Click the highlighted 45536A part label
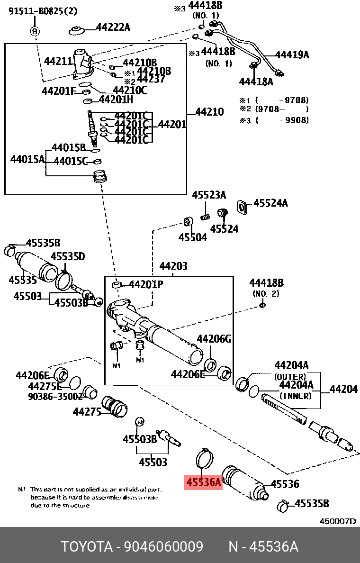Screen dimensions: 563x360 (x=203, y=482)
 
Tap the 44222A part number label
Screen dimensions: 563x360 (x=113, y=27)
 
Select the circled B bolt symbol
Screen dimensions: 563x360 (x=35, y=32)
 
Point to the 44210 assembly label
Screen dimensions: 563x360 (x=209, y=112)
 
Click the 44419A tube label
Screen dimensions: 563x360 (x=292, y=54)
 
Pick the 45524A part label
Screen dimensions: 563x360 (x=270, y=203)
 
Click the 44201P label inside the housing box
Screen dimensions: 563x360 (x=146, y=284)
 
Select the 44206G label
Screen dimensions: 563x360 (x=214, y=339)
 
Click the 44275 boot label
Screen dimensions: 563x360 (x=87, y=412)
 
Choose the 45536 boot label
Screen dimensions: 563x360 (x=285, y=484)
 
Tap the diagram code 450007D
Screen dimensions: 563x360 (x=337, y=521)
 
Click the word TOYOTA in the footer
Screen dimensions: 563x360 (x=86, y=547)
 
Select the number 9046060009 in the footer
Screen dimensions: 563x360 (x=163, y=547)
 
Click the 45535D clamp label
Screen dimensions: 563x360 (x=68, y=256)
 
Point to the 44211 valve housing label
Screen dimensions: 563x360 (x=58, y=61)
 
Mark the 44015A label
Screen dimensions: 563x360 (x=27, y=159)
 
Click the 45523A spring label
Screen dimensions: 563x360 (x=209, y=195)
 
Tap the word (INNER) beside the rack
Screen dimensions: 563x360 (x=295, y=396)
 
